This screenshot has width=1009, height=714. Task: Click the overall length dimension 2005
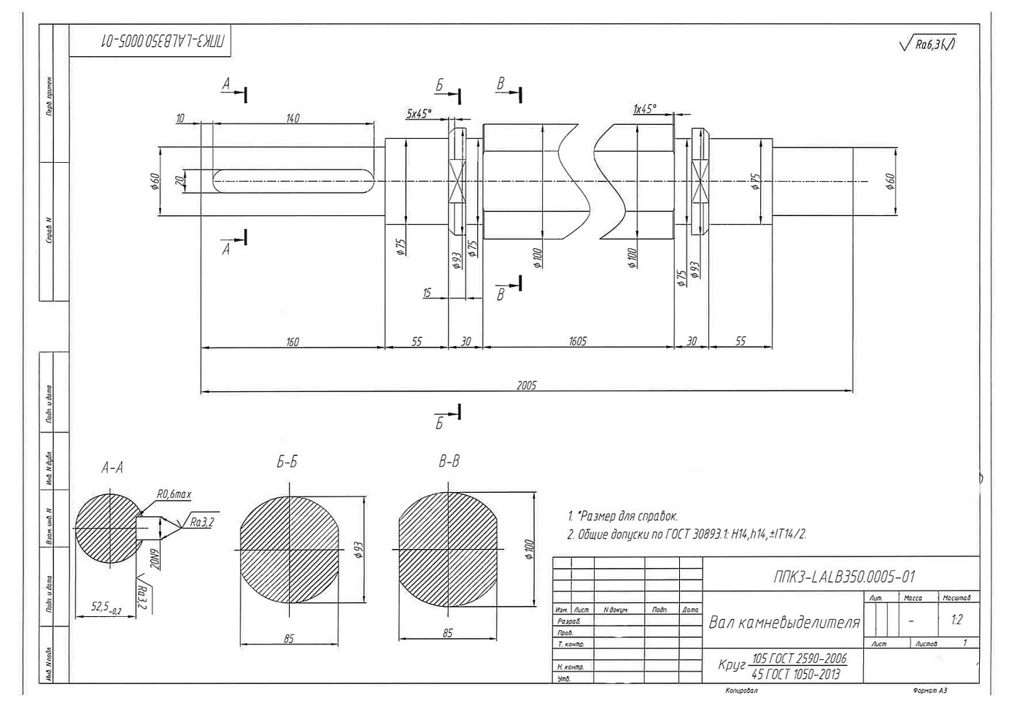[x=526, y=385]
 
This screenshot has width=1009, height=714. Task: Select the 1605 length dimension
[x=577, y=341]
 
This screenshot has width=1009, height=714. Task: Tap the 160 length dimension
[x=293, y=342]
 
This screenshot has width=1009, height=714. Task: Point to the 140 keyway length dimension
[x=292, y=118]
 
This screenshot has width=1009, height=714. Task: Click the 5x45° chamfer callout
[x=419, y=114]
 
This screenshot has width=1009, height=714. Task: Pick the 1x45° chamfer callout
[x=645, y=109]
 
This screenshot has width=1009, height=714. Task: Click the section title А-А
[x=112, y=468]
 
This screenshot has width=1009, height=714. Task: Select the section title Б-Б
[x=287, y=462]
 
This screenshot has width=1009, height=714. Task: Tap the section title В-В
[x=449, y=461]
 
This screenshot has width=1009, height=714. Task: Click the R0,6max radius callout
[x=174, y=494]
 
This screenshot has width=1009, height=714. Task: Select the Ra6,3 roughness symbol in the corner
[x=929, y=45]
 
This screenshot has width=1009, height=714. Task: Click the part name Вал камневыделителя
[x=784, y=623]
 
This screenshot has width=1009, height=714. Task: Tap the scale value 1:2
[x=956, y=620]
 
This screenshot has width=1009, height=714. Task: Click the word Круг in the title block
[x=732, y=666]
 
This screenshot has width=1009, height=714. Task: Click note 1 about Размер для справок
[x=622, y=516]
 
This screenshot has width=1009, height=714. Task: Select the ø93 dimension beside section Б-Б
[x=358, y=550]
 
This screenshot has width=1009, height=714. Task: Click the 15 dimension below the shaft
[x=427, y=293]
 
